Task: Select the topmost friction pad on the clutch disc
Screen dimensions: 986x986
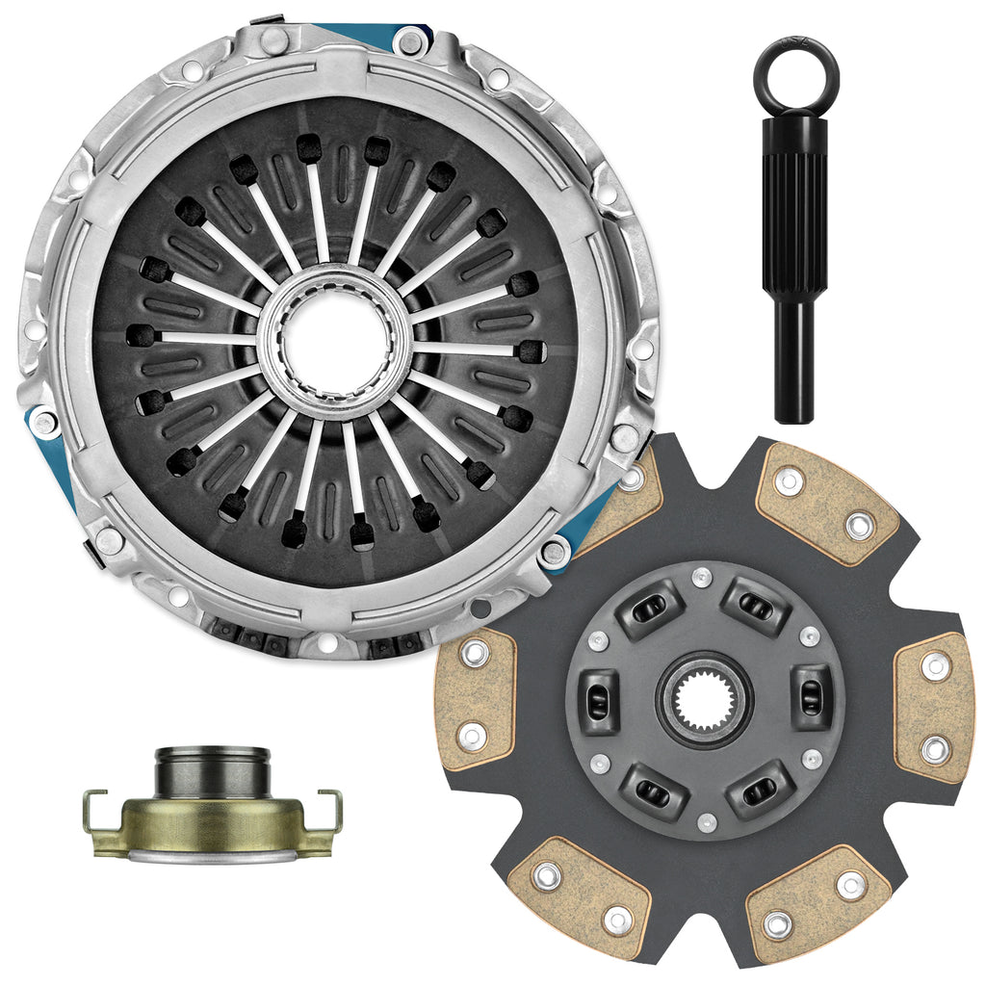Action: point(825,506)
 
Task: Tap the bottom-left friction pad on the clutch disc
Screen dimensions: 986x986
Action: point(579,896)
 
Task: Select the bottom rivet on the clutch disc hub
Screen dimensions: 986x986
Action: point(708,821)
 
